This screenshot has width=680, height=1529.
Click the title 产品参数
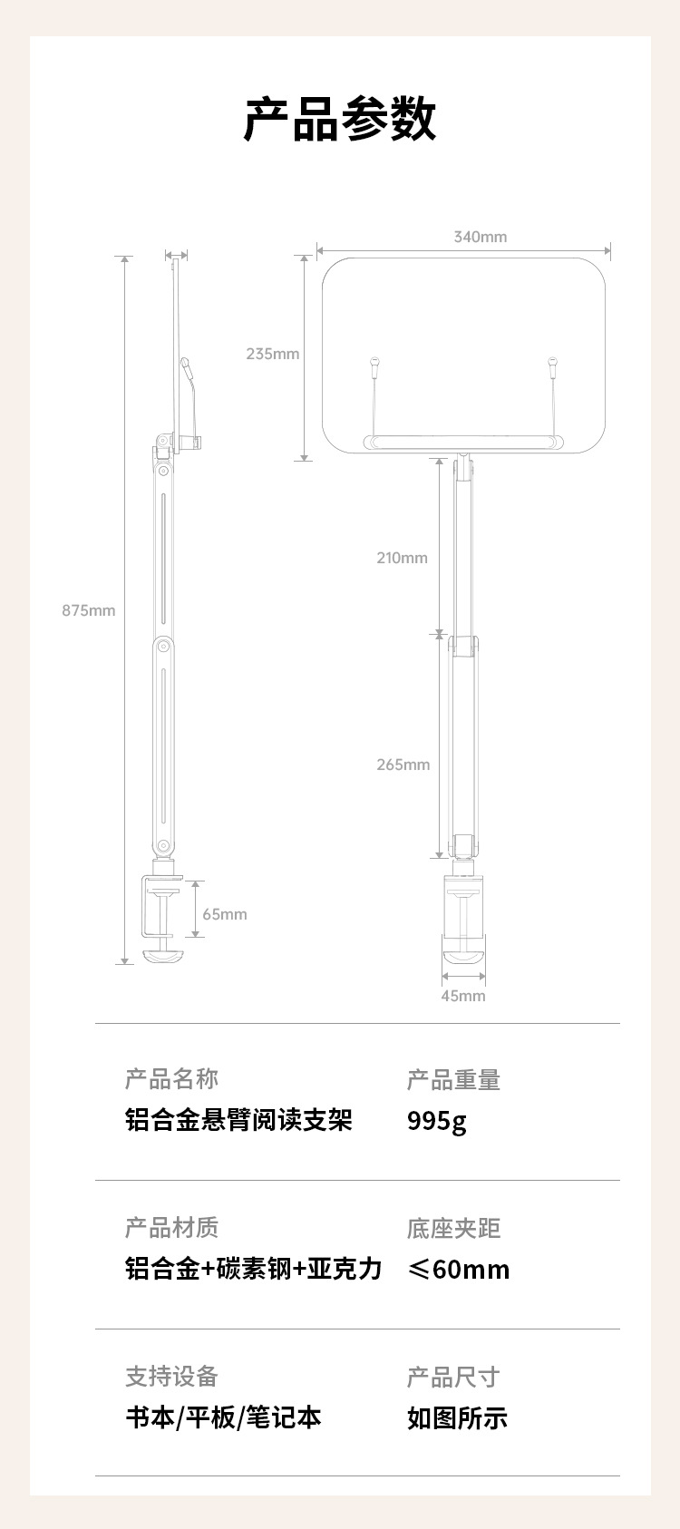[340, 119]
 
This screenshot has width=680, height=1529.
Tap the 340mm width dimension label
[481, 237]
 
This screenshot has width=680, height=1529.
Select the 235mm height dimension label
[272, 354]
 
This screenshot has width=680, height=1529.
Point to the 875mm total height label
[89, 610]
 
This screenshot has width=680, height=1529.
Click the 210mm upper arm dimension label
[402, 558]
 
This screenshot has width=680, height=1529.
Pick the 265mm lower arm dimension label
[403, 764]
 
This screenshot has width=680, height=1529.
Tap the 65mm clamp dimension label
[224, 914]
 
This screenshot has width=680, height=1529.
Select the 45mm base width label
[462, 996]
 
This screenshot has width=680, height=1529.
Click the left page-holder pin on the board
[374, 367]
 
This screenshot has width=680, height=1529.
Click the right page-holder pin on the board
[551, 367]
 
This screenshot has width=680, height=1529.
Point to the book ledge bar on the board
[462, 443]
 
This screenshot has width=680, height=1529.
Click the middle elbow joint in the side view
[164, 647]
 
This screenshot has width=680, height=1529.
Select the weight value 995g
[436, 1121]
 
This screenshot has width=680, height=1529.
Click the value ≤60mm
[458, 1269]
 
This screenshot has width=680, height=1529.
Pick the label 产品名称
[171, 1079]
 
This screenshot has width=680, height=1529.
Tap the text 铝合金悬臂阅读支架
[238, 1120]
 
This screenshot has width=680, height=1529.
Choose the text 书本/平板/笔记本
[223, 1417]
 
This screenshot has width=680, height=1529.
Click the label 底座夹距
[453, 1229]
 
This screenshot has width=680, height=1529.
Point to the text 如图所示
[457, 1417]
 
